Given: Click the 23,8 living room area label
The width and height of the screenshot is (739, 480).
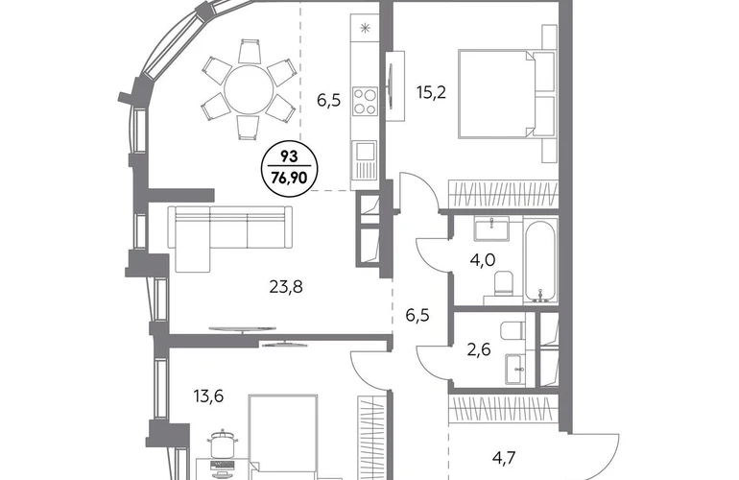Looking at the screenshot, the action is coord(286,286).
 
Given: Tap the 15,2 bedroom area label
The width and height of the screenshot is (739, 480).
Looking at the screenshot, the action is coord(431,93).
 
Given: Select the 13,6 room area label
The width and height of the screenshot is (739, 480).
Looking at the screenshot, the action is coord(208,396).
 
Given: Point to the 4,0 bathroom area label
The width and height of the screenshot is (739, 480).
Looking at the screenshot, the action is coord(483,260).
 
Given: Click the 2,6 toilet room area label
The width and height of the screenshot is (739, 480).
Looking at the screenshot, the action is coord(478,349).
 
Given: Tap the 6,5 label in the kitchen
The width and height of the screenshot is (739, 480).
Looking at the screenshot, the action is coord(328,101).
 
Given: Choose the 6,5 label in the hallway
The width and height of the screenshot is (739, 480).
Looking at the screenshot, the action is coord(417,315).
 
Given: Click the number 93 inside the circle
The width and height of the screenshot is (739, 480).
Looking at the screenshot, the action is coord(290,156).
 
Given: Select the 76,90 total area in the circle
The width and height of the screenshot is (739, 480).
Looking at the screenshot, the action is coord(290,178).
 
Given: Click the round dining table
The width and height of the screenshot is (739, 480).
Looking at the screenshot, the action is coord(249,89).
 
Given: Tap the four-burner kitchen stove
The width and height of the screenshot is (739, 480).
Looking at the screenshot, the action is coord(366,102).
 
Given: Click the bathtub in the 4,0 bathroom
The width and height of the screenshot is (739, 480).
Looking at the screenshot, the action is coord(540,260).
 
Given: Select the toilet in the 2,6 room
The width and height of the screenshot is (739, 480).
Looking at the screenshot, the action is coord(513,330).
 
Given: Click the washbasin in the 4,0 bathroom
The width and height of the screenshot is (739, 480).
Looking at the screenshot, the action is coord(491,229).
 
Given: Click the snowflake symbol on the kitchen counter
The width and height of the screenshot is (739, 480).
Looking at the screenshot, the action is coord(365,28).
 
